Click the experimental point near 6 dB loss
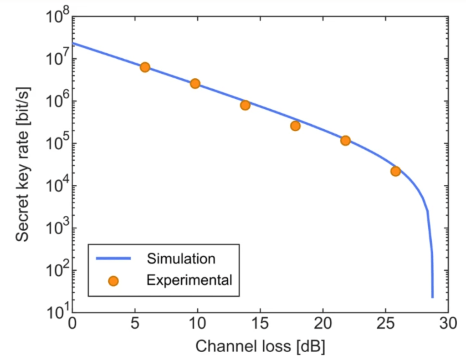[x=145, y=67]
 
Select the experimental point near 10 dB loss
[x=195, y=83]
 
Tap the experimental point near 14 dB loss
[x=245, y=105]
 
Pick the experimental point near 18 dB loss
[x=295, y=126]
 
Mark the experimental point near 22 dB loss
[x=345, y=141]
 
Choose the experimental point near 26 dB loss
[x=395, y=171]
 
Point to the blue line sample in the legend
[x=113, y=259]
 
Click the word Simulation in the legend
[x=181, y=259]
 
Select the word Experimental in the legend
[x=189, y=280]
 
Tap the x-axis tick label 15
[x=260, y=324]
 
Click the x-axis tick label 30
[x=447, y=324]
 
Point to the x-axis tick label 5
[x=135, y=324]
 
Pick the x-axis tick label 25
[x=385, y=324]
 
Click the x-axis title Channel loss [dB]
[x=260, y=346]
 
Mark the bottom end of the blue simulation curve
[x=432, y=296]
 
